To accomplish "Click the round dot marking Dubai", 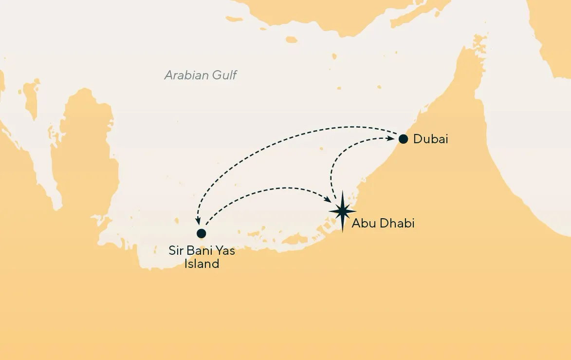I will tap(403, 139).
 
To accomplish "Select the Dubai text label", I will tap(430, 139).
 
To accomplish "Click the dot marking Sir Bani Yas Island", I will tap(201, 233).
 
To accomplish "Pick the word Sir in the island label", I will tap(176, 252).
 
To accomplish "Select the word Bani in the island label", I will tap(200, 252).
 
